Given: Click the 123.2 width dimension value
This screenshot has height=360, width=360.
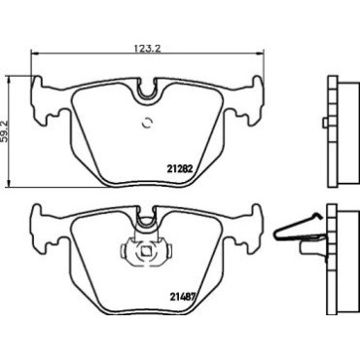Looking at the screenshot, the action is [x=148, y=49].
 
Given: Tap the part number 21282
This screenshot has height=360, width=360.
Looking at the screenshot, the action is [x=180, y=168].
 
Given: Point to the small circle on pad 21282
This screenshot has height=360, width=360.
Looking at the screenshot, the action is [x=147, y=123].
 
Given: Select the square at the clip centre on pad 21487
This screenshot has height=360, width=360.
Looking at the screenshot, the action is [x=145, y=252].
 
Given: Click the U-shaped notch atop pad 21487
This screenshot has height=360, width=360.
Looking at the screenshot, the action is [x=146, y=217].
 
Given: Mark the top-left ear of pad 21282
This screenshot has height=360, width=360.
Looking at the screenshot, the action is [x=37, y=82].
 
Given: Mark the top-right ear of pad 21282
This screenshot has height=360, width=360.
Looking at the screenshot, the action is [x=257, y=82].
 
